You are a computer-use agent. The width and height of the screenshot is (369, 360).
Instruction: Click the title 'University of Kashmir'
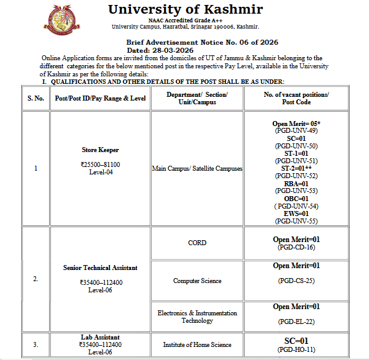(185, 9)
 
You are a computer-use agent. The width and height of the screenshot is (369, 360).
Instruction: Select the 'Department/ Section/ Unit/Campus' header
(197, 98)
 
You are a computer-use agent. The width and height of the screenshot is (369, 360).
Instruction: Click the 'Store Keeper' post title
(99, 150)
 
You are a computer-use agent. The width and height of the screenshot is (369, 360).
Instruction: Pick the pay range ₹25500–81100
(99, 164)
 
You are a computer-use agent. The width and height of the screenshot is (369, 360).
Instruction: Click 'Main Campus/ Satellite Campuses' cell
(197, 168)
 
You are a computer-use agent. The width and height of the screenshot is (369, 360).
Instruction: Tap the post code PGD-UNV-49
(296, 131)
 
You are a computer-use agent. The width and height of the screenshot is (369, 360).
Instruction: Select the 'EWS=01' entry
(296, 214)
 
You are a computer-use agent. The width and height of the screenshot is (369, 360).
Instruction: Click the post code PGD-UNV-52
(296, 176)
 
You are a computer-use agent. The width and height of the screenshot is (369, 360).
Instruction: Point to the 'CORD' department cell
(197, 243)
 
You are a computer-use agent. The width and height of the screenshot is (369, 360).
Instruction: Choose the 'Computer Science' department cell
(197, 281)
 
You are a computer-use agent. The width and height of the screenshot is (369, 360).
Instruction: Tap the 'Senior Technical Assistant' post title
(100, 268)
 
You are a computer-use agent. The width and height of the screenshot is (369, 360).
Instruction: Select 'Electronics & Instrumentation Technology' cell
(197, 317)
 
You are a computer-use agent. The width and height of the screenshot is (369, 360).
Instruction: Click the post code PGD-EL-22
(296, 322)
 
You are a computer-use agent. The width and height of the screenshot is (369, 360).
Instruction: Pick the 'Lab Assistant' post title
(99, 337)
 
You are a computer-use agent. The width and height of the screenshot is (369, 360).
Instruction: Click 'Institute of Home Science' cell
(197, 344)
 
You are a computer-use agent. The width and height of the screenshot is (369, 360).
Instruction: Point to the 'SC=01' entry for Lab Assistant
(296, 341)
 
